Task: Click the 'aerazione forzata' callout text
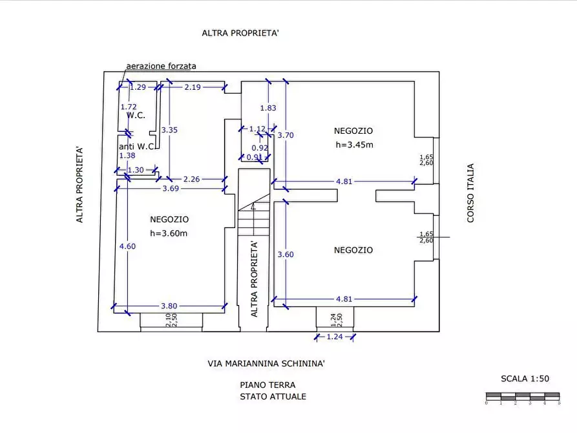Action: pyautogui.click(x=161, y=66)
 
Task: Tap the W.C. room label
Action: pyautogui.click(x=136, y=115)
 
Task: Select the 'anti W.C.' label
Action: pyautogui.click(x=137, y=147)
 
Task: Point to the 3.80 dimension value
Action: pyautogui.click(x=169, y=306)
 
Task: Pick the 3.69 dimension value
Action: pyautogui.click(x=171, y=189)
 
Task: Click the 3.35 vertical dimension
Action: pyautogui.click(x=169, y=130)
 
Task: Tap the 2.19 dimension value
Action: pyautogui.click(x=193, y=87)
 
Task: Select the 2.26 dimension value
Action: pyautogui.click(x=191, y=179)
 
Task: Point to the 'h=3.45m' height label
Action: pyautogui.click(x=354, y=145)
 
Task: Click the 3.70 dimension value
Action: pyautogui.click(x=286, y=135)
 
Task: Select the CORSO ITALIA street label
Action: pyautogui.click(x=470, y=193)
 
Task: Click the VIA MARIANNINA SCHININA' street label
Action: pyautogui.click(x=266, y=364)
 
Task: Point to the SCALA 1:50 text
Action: pyautogui.click(x=525, y=379)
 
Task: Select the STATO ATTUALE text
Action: pyautogui.click(x=273, y=396)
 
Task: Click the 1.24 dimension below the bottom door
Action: pyautogui.click(x=334, y=337)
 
